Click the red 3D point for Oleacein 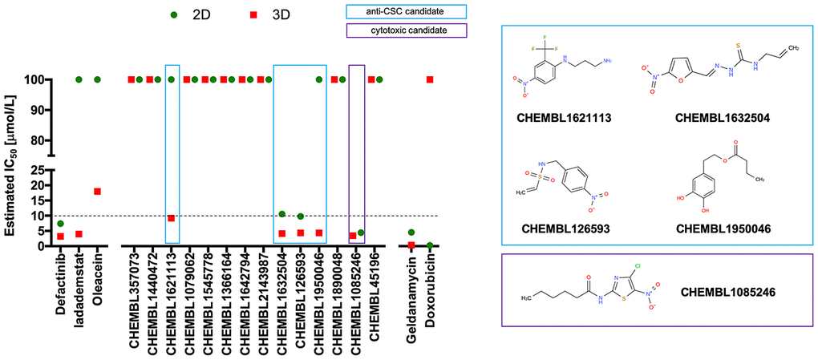tap(97, 192)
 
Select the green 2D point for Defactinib tap(60, 224)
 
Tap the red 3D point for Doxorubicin tap(430, 79)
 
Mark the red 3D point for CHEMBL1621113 tap(171, 218)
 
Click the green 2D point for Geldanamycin tap(411, 233)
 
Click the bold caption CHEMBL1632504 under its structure tap(723, 117)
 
